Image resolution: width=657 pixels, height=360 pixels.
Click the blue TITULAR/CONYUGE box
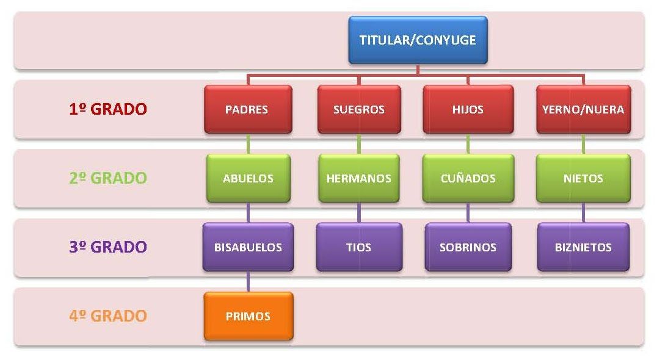tap(418, 40)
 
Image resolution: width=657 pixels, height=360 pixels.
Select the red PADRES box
tap(247, 109)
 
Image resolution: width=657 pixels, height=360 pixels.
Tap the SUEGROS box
tap(359, 109)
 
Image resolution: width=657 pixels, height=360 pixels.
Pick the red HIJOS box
tap(468, 109)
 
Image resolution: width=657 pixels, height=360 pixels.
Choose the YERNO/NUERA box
tap(583, 109)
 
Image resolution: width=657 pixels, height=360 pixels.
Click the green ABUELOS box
tap(248, 178)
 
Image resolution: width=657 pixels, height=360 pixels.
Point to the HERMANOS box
tap(359, 178)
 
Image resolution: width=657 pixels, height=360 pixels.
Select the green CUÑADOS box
tap(468, 178)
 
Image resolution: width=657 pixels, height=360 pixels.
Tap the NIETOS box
tap(583, 178)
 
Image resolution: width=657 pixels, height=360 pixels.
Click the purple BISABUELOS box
tap(248, 247)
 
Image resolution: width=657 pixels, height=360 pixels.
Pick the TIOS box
tap(359, 247)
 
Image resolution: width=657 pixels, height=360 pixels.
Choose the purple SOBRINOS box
tap(468, 247)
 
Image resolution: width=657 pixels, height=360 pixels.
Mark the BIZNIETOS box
tap(583, 247)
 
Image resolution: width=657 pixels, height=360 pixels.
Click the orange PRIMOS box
tap(248, 316)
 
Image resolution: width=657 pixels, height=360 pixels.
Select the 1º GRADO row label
tap(108, 109)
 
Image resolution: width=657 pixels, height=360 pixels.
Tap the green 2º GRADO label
tap(108, 178)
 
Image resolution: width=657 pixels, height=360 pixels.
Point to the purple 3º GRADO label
tap(108, 247)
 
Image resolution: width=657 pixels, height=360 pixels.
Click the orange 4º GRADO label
tap(108, 316)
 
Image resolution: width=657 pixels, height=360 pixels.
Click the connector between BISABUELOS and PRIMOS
tap(248, 282)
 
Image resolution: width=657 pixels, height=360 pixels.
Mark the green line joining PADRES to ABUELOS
tap(248, 144)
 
